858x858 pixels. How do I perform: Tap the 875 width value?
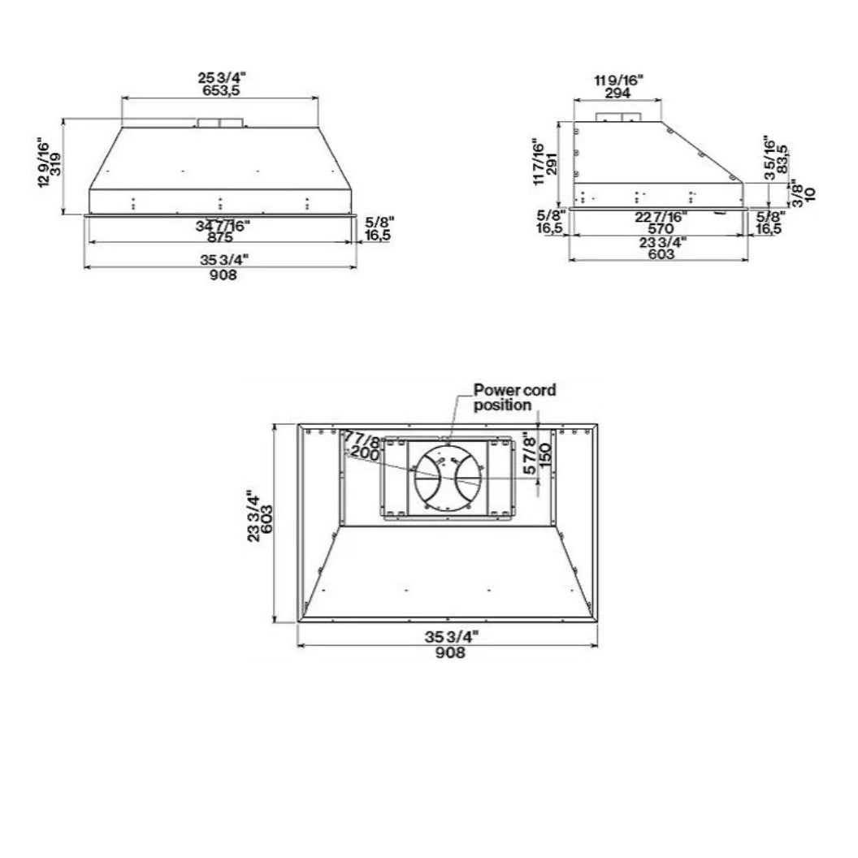(x=220, y=237)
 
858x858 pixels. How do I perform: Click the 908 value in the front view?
(x=222, y=275)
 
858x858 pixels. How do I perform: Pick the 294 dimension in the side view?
(x=618, y=92)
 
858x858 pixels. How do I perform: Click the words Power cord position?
(x=514, y=397)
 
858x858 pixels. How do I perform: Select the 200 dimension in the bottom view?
(x=365, y=455)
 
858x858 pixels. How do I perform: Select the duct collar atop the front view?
(x=219, y=123)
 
